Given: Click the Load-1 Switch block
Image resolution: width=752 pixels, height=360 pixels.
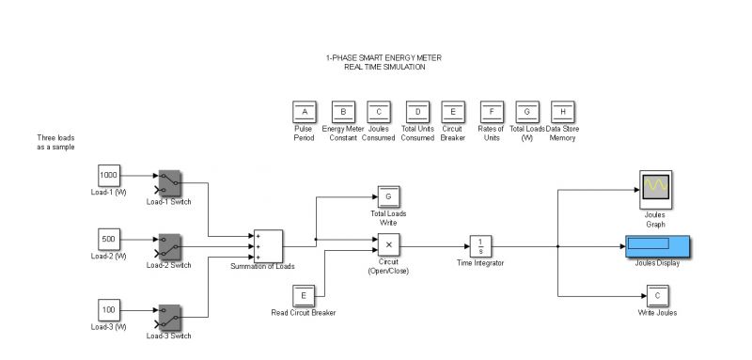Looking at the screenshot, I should (169, 180).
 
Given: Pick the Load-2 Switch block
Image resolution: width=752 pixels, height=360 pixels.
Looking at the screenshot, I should (169, 245).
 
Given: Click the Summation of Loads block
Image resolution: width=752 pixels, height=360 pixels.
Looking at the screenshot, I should (268, 246).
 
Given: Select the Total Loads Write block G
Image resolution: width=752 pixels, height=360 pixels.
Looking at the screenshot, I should (389, 196).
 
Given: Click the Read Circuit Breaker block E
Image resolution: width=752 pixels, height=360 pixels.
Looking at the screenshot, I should (304, 295).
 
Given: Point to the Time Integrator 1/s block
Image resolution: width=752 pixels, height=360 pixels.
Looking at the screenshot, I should (480, 245).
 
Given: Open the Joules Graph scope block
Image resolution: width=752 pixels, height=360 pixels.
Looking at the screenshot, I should (654, 185).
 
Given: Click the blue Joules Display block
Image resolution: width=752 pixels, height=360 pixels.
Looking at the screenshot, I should (656, 245).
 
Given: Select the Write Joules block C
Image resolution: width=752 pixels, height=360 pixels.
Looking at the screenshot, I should (657, 296).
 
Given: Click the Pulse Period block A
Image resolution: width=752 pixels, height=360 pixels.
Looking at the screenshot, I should (304, 112).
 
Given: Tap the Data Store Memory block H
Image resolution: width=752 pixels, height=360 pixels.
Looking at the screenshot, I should (563, 112).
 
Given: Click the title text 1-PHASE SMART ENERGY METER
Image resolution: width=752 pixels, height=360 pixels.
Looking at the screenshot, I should (384, 58).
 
